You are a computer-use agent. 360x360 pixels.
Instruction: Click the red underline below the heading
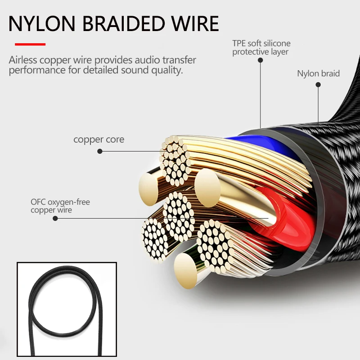click(30, 45)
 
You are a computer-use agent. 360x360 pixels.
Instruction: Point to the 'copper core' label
click(99, 139)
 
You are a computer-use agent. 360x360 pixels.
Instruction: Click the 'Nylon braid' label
click(318, 73)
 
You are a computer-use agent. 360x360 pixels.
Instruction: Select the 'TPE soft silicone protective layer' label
click(261, 48)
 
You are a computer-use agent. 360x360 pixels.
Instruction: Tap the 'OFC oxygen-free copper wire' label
click(60, 206)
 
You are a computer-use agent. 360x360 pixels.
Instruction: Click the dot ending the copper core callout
click(100, 152)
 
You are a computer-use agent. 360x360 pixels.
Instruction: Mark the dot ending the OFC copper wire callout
click(55, 219)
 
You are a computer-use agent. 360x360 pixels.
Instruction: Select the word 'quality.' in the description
click(167, 71)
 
